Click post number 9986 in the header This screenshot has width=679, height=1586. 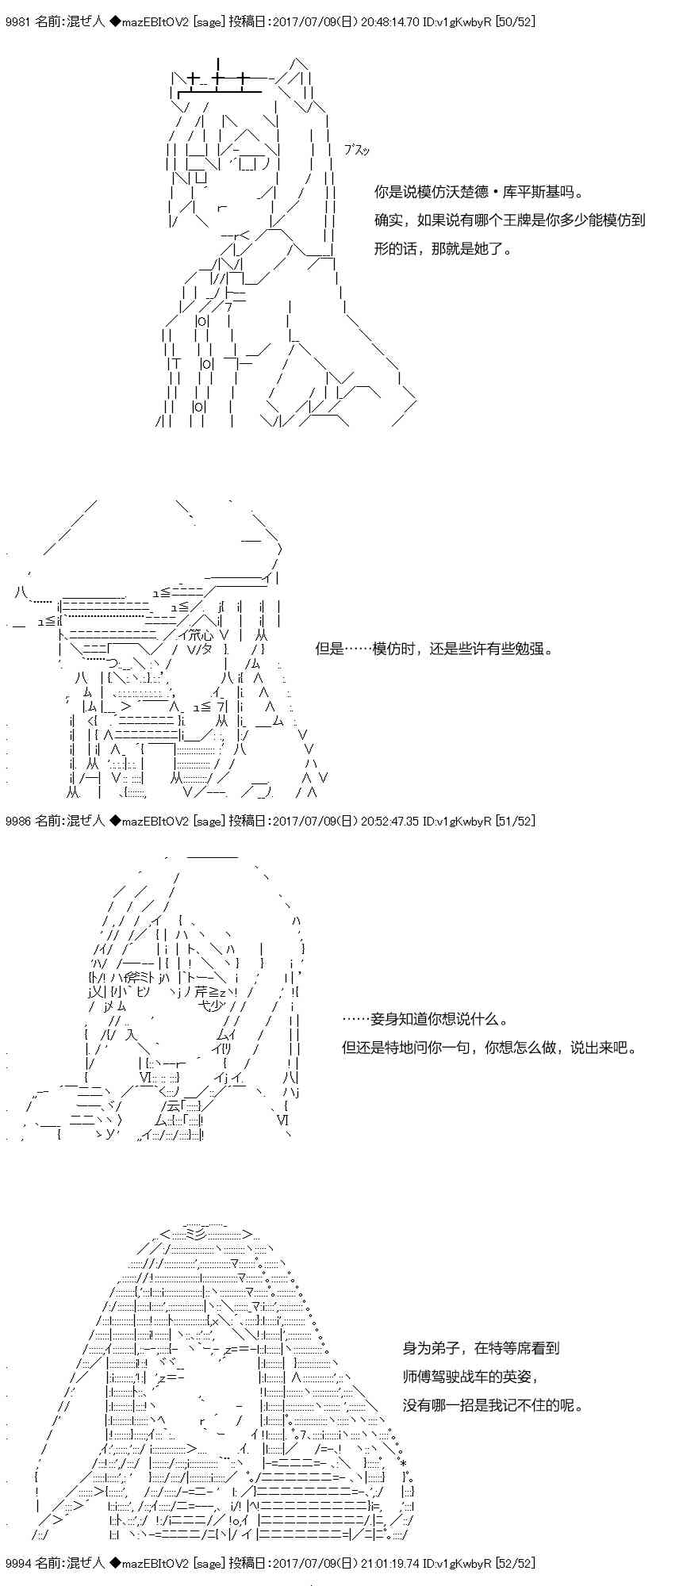(17, 821)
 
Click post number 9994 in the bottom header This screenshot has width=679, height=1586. (17, 1563)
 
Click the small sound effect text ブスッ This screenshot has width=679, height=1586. (357, 151)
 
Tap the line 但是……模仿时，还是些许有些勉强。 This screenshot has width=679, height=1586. (434, 649)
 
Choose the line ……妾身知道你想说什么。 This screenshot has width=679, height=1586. (425, 1020)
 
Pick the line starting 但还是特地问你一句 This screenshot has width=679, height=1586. (489, 1048)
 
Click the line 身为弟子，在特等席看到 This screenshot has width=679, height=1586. (481, 1347)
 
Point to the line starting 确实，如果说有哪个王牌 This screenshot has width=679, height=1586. (510, 220)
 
